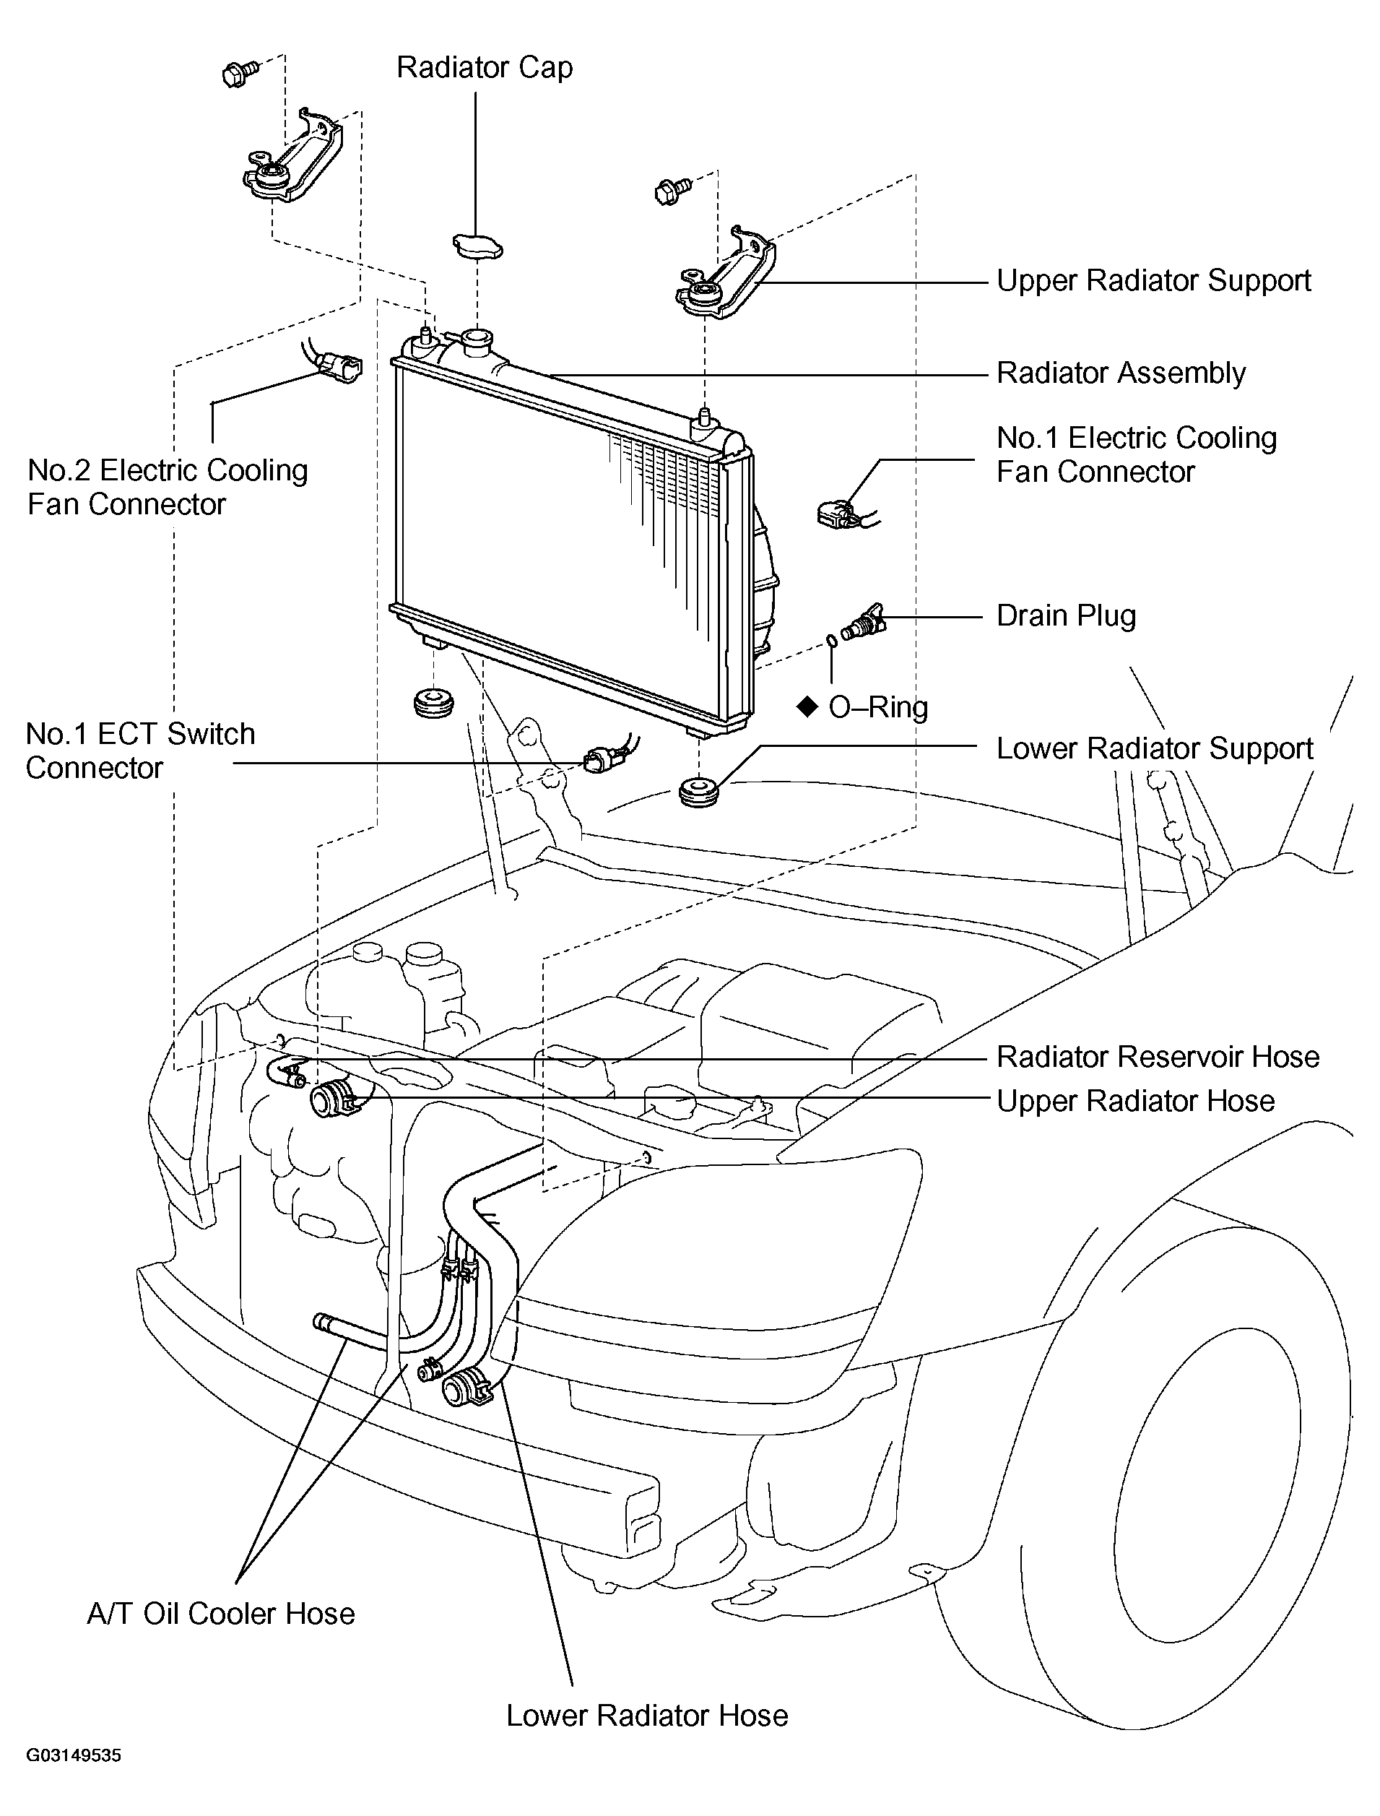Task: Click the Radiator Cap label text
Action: tap(485, 68)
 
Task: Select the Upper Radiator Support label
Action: tap(1153, 281)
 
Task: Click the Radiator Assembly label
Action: tap(1121, 373)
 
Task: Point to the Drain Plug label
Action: tap(1065, 616)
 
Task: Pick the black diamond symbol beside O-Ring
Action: tap(807, 706)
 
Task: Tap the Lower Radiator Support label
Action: tap(1154, 748)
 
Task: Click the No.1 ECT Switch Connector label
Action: tap(141, 751)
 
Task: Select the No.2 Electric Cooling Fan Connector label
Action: tap(168, 488)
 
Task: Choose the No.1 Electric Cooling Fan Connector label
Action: tap(1136, 455)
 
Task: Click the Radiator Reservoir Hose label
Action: tap(1158, 1057)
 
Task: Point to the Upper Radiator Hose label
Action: tap(1135, 1101)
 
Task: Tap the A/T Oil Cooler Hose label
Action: tap(221, 1614)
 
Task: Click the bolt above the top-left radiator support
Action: tap(240, 73)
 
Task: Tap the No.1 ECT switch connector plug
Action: tap(596, 758)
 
